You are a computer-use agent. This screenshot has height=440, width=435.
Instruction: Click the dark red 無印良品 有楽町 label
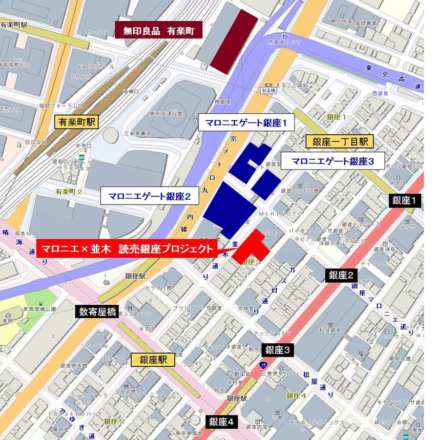pyautogui.click(x=159, y=31)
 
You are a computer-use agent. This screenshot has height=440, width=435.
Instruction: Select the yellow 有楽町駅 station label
pyautogui.click(x=77, y=122)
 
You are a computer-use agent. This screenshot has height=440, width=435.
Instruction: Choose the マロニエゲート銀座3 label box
pyautogui.click(x=332, y=160)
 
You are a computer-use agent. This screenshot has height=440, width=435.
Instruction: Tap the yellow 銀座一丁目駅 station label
pyautogui.click(x=340, y=142)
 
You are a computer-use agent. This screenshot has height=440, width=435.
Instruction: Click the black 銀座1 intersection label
pyautogui.click(x=404, y=200)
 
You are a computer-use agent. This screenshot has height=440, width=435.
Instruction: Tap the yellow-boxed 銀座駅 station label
pyautogui.click(x=153, y=359)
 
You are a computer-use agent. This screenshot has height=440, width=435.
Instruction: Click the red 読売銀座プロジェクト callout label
pyautogui.click(x=127, y=248)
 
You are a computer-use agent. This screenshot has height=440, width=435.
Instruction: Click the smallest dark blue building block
pyautogui.click(x=266, y=184)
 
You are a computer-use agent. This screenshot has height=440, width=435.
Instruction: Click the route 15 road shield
pyautogui.click(x=264, y=364)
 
